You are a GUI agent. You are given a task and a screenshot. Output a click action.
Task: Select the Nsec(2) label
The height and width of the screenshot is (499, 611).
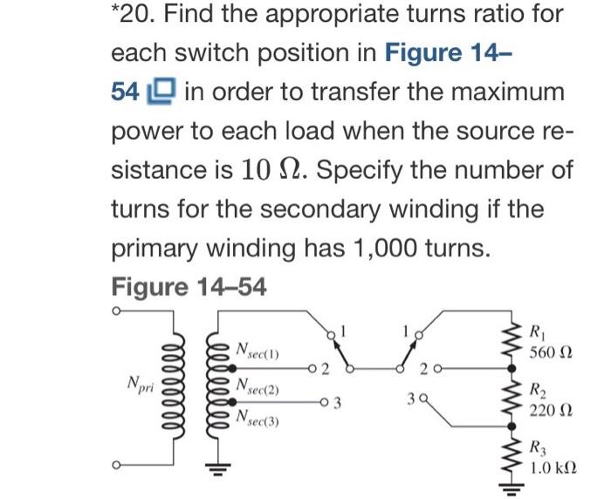(x=258, y=386)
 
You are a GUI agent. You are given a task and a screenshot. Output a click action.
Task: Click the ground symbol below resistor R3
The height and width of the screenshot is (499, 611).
(x=512, y=489)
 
